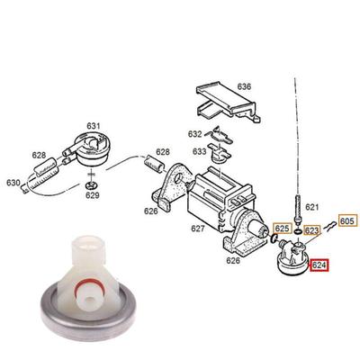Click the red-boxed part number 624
coord(319,265)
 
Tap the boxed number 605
coord(348,220)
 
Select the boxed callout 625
coord(282,229)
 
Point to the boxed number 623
coord(311,230)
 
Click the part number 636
coord(244,86)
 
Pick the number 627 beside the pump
coord(198,229)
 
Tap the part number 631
coord(94,126)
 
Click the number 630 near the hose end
coord(13,183)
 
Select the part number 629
coord(93,195)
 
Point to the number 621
coord(312,207)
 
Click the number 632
coord(195,134)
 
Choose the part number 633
coord(200,151)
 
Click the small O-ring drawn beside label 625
coord(274,238)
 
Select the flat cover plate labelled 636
coord(228,102)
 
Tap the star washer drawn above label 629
coord(90,186)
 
